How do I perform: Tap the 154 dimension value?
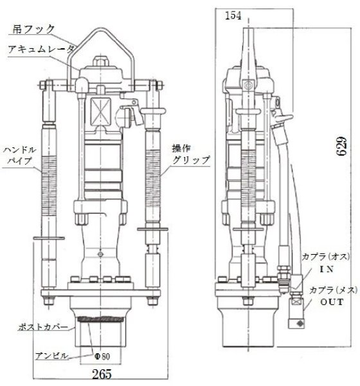pyautogui.click(x=234, y=16)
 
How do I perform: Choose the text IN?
pyautogui.click(x=307, y=270)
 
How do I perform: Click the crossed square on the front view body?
pyautogui.click(x=101, y=107)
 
